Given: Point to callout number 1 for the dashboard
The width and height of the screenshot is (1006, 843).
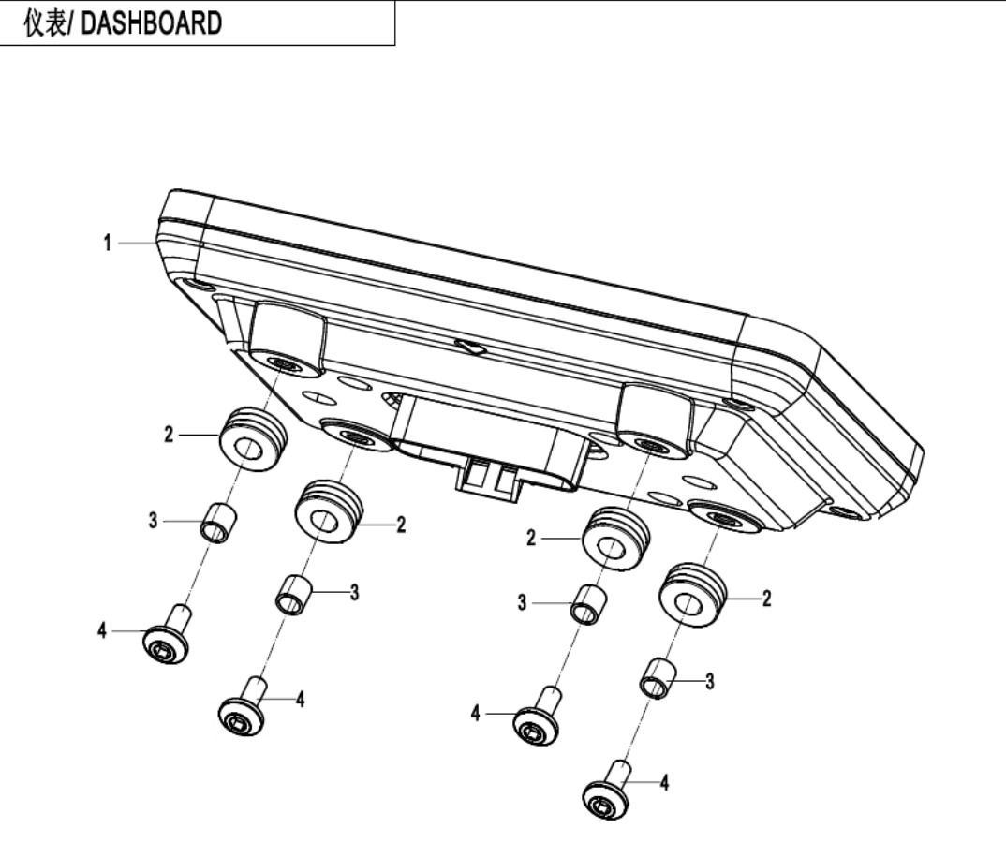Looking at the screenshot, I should point(108,244).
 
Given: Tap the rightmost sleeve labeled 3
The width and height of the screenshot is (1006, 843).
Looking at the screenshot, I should point(658,676).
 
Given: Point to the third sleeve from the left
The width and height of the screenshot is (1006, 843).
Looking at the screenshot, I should point(586,603).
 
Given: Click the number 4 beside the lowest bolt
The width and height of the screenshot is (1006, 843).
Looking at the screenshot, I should point(665,782).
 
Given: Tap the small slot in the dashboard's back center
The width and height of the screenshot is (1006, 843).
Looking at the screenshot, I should point(468,347).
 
